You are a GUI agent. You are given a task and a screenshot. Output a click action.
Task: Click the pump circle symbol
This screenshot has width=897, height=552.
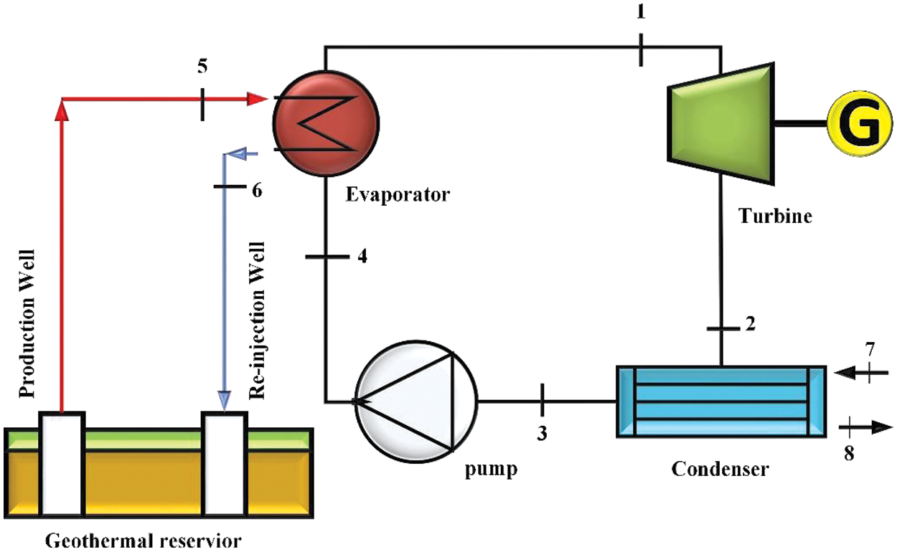pos(417,402)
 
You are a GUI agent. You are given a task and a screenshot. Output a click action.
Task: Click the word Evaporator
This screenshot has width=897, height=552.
pos(397,194)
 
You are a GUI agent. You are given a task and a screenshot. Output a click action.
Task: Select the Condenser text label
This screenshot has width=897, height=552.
pos(720,470)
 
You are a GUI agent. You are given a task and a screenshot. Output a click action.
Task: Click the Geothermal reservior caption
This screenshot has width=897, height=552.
pos(144,539)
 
